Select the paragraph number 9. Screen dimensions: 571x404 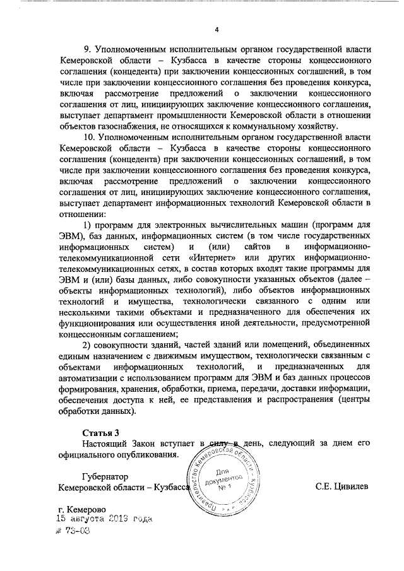tap(88, 49)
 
